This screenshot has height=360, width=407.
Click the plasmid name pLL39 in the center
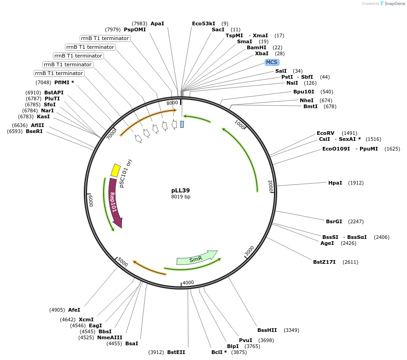click(180, 190)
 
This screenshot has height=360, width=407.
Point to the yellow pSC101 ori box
click(115, 170)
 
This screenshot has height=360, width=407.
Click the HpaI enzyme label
click(335, 183)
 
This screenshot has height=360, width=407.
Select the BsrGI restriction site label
click(334, 221)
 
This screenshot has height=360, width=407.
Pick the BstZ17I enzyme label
click(324, 262)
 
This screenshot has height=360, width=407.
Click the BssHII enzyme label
click(267, 330)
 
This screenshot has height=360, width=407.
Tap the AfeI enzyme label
click(74, 310)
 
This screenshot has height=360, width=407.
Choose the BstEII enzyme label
click(176, 352)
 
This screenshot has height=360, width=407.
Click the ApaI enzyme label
click(157, 23)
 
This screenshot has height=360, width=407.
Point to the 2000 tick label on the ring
click(271, 186)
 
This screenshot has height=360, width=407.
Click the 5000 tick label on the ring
click(122, 261)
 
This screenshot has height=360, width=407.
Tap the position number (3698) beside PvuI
click(266, 340)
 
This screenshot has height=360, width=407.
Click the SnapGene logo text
click(394, 4)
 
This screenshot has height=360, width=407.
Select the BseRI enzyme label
click(34, 131)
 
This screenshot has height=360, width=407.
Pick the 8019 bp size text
click(180, 197)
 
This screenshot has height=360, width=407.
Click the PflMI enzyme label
click(64, 82)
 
